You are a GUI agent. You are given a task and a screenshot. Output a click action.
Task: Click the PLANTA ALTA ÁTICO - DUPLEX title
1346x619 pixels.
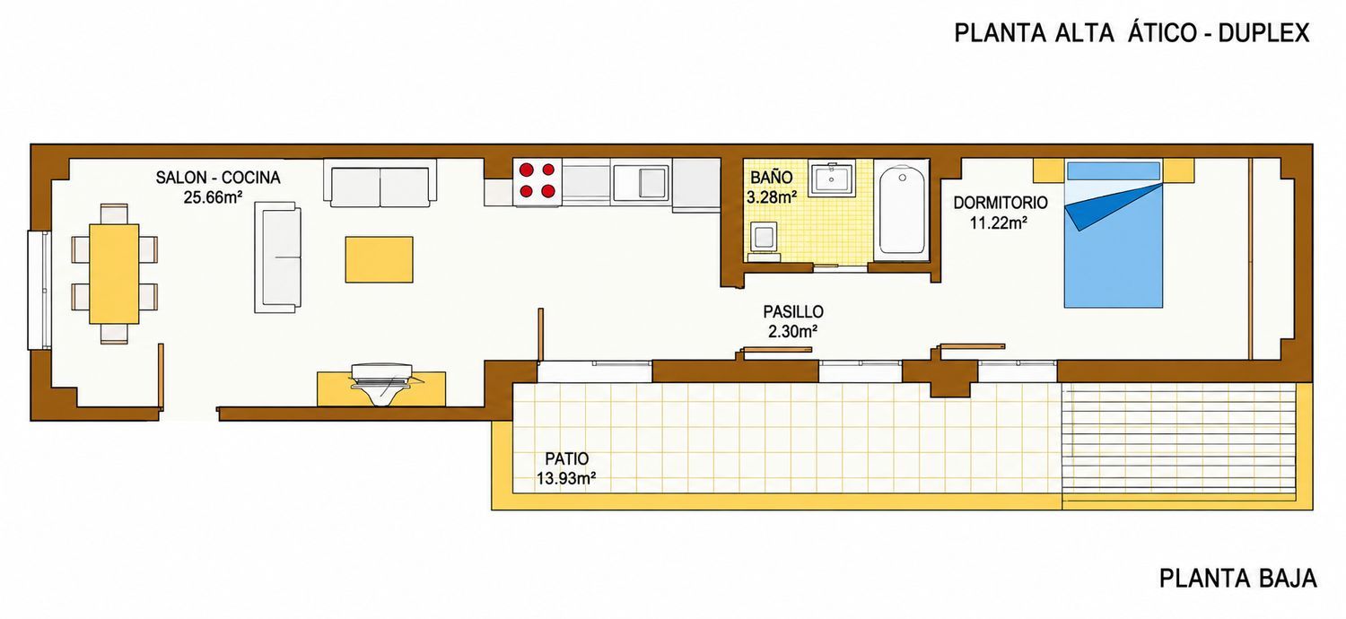[1132, 33]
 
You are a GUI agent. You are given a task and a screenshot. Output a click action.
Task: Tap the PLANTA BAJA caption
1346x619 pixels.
[1237, 579]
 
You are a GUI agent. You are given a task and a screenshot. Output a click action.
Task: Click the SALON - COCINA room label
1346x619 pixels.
[218, 178]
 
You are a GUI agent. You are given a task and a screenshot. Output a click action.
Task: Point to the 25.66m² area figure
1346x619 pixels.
[214, 197]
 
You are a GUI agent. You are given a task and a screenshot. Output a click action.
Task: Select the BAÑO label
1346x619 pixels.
[772, 177]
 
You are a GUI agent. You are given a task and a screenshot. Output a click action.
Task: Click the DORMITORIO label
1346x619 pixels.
[1001, 203]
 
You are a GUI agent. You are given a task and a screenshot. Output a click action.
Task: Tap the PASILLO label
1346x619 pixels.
[793, 312]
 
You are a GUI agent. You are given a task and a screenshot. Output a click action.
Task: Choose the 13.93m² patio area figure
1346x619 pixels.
[566, 479]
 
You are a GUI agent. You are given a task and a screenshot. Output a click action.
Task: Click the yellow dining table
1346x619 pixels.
[114, 274]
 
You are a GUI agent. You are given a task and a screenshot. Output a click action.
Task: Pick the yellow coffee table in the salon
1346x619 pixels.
[380, 259]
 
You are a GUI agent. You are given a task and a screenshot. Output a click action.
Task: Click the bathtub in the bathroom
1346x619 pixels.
[902, 210]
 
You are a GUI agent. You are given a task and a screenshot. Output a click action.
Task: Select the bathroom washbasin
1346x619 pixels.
[832, 179]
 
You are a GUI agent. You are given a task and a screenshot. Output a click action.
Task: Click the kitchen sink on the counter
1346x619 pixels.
[641, 182]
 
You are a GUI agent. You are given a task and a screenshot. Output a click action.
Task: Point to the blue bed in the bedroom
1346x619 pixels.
[1114, 233]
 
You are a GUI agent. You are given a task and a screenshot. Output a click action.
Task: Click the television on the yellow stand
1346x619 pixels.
[381, 383]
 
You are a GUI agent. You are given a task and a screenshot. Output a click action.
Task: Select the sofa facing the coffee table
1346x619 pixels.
[277, 257]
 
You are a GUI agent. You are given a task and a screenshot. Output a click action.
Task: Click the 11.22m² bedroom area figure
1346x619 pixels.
[998, 223]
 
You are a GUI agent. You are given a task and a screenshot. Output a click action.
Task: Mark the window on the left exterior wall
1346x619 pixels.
[39, 290]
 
